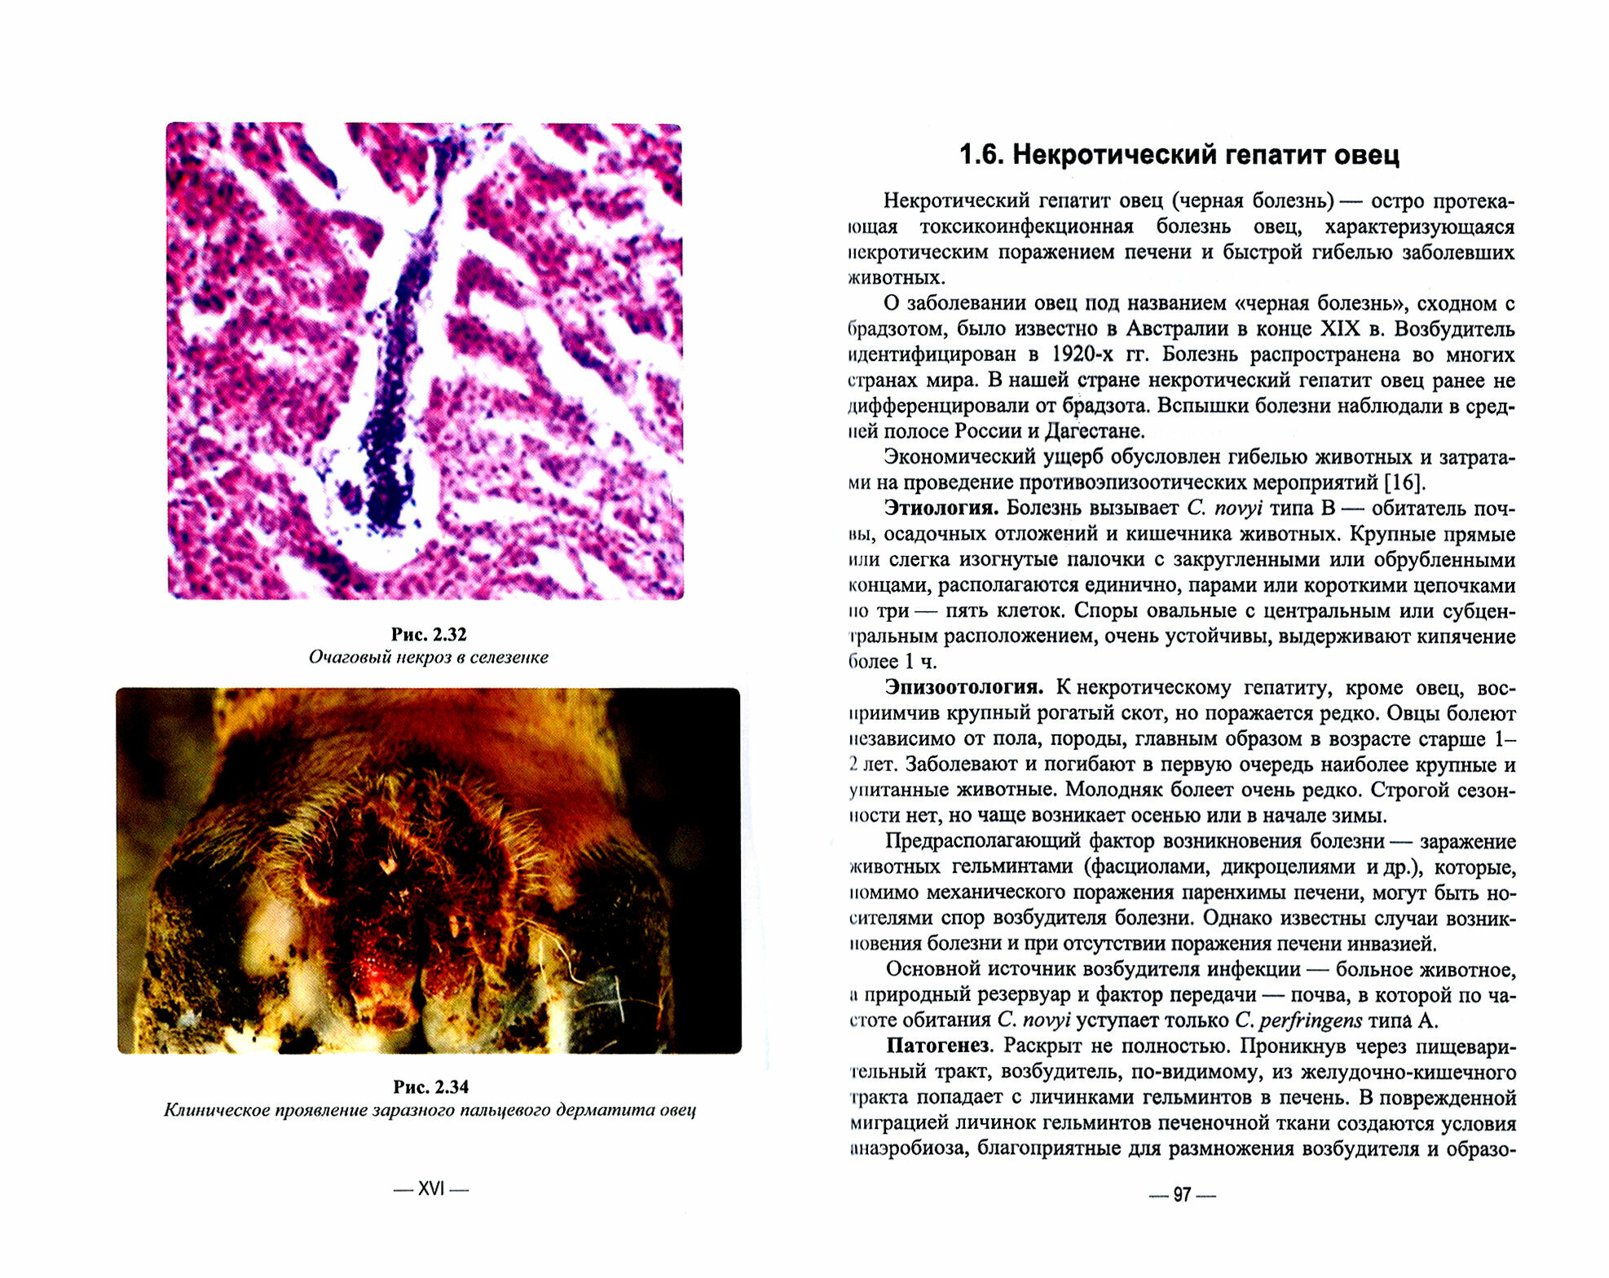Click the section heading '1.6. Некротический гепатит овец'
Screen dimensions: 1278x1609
tap(1179, 155)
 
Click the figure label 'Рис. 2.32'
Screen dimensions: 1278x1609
tap(428, 634)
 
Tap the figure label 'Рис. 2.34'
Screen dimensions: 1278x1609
tap(430, 1086)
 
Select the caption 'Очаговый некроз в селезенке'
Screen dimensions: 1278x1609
tap(428, 657)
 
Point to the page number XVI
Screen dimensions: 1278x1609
tap(430, 1189)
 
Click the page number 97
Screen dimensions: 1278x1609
tap(1182, 1195)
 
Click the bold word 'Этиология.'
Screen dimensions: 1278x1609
tap(941, 508)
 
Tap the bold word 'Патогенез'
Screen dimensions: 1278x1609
tap(938, 1046)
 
